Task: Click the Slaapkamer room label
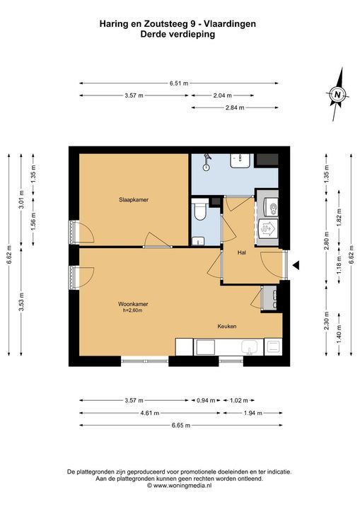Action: point(134,199)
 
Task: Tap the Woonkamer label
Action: point(133,304)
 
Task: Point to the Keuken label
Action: point(227,326)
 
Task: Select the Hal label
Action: point(241,252)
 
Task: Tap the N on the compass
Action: point(337,95)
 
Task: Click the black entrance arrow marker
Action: point(296,266)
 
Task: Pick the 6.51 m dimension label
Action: point(179,83)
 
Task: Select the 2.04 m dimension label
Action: point(223,95)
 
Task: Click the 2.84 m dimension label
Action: point(235,107)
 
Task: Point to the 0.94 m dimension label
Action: point(206,401)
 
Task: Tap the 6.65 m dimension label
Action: point(181,426)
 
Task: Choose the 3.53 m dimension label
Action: point(21,302)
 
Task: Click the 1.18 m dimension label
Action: point(339,266)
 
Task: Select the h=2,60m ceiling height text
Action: point(132,310)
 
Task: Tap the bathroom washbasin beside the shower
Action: point(240,160)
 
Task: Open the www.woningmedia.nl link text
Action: point(182,486)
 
